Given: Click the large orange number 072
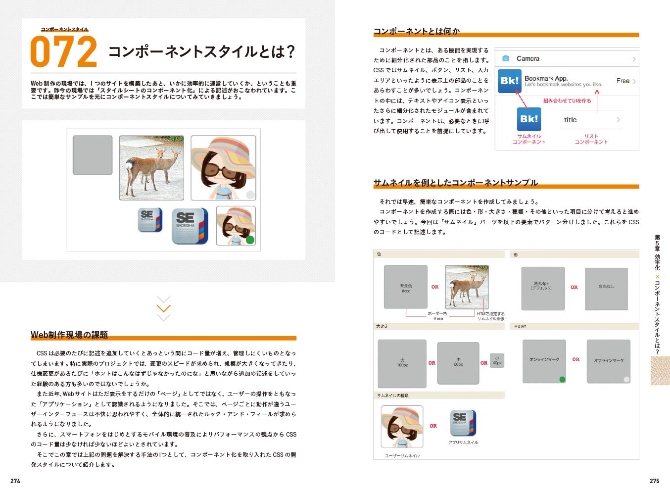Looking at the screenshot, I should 63,52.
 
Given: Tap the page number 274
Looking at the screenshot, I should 15,481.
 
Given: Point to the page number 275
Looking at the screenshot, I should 654,481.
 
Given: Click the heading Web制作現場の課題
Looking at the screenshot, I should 69,335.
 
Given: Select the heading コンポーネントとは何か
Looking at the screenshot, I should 416,31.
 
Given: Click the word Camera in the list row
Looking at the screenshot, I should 527,58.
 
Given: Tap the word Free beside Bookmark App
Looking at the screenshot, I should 622,81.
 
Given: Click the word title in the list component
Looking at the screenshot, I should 570,120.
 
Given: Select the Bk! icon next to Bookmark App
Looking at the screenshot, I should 509,81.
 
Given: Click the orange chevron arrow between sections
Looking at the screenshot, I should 163,308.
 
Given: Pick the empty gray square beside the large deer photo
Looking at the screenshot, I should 93,155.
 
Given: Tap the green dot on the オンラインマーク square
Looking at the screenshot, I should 562,380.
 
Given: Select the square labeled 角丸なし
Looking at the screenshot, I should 606,289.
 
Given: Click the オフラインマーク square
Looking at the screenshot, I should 608,361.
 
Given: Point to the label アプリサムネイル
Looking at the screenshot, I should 463,443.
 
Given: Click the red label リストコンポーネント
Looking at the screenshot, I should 591,139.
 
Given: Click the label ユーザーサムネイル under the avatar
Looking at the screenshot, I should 402,455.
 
